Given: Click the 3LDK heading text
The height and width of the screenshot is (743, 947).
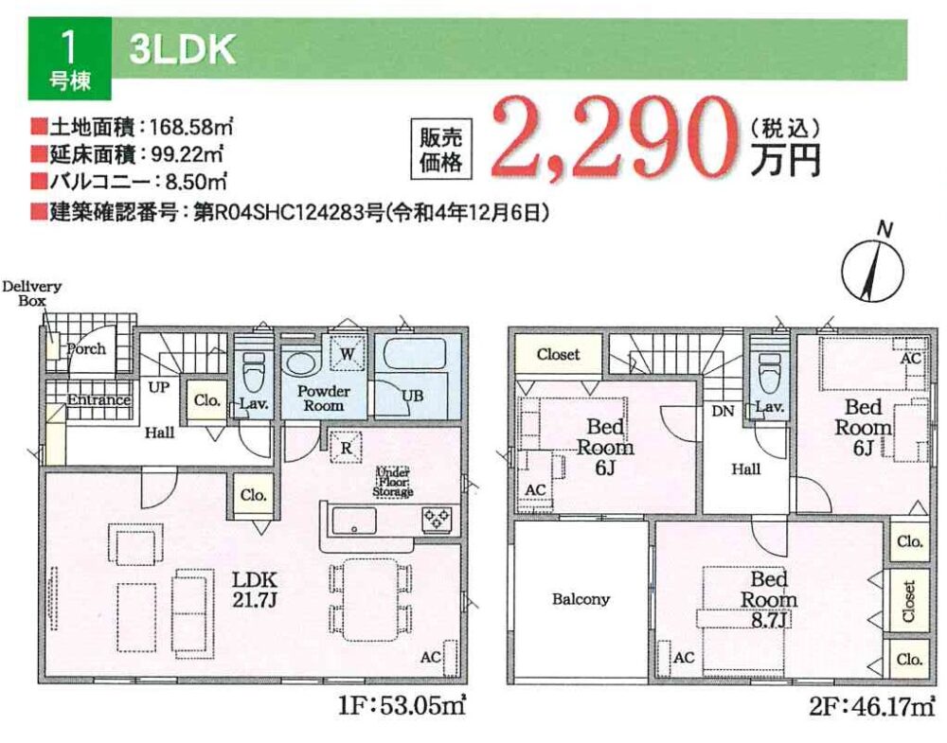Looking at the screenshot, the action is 182,49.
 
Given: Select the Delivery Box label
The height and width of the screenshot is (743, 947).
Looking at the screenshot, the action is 31,293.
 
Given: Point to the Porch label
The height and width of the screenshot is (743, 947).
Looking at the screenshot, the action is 86,349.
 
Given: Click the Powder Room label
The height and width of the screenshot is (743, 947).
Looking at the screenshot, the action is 323,398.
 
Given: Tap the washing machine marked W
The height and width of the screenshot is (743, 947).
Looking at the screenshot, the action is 347,354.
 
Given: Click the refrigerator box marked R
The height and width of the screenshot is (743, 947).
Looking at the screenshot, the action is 346,448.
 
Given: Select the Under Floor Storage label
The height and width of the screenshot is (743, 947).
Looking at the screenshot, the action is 393,482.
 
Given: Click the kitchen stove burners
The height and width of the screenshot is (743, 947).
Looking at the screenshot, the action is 437,519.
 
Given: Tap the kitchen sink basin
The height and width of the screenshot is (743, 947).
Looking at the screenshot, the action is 354,521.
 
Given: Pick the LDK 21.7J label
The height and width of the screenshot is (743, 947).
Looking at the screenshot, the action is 255,589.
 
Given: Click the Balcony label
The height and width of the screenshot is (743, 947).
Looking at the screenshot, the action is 581,599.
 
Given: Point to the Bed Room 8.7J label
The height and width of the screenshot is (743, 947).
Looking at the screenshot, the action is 769,599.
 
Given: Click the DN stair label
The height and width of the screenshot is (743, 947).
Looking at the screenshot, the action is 723,411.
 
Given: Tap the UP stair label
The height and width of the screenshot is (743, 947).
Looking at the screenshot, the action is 159,387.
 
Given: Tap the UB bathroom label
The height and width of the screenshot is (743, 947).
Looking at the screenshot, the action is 413,396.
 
